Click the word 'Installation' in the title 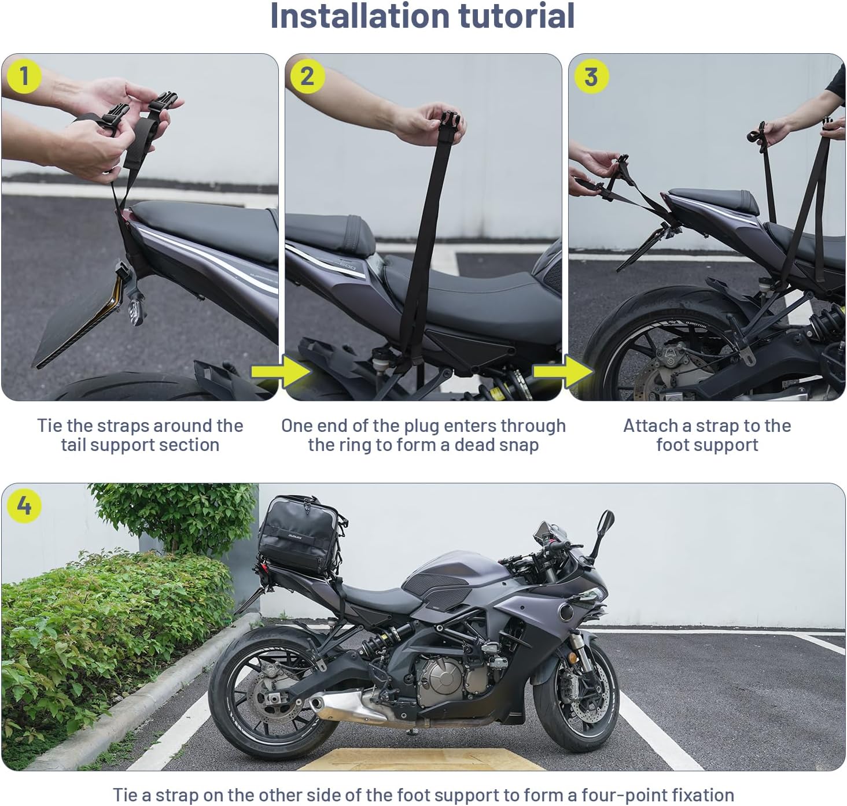pyautogui.click(x=360, y=16)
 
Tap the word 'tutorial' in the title pyautogui.click(x=516, y=16)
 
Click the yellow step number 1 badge pyautogui.click(x=23, y=76)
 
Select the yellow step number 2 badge pyautogui.click(x=307, y=76)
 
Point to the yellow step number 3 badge pyautogui.click(x=590, y=76)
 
